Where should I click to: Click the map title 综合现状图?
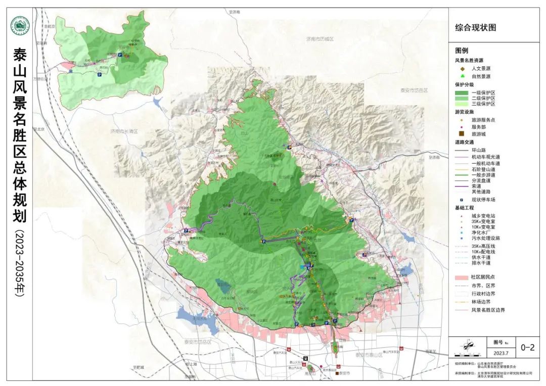476,28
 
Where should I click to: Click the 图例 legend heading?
462,51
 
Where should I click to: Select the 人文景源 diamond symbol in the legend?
462,68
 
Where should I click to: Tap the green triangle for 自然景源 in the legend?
462,76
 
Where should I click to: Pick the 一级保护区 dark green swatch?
462,93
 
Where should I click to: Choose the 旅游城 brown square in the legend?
462,133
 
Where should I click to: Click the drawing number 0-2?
527,347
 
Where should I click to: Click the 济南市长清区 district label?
124,131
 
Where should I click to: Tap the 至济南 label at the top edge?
234,11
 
